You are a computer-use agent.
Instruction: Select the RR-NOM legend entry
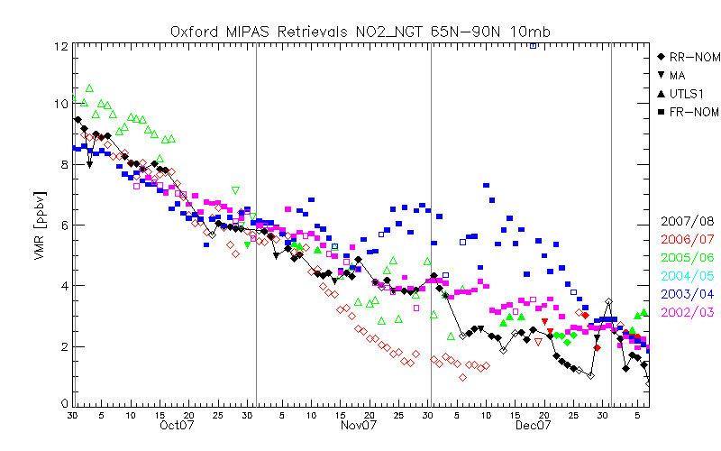click(695, 57)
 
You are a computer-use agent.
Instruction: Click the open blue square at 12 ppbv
click(534, 45)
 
